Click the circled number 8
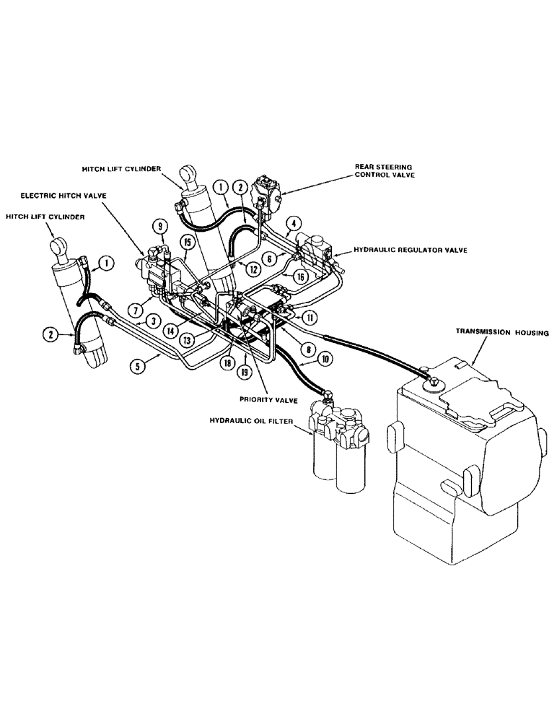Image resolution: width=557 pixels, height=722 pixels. point(307,349)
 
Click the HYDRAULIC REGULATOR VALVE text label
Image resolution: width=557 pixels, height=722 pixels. point(411,250)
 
